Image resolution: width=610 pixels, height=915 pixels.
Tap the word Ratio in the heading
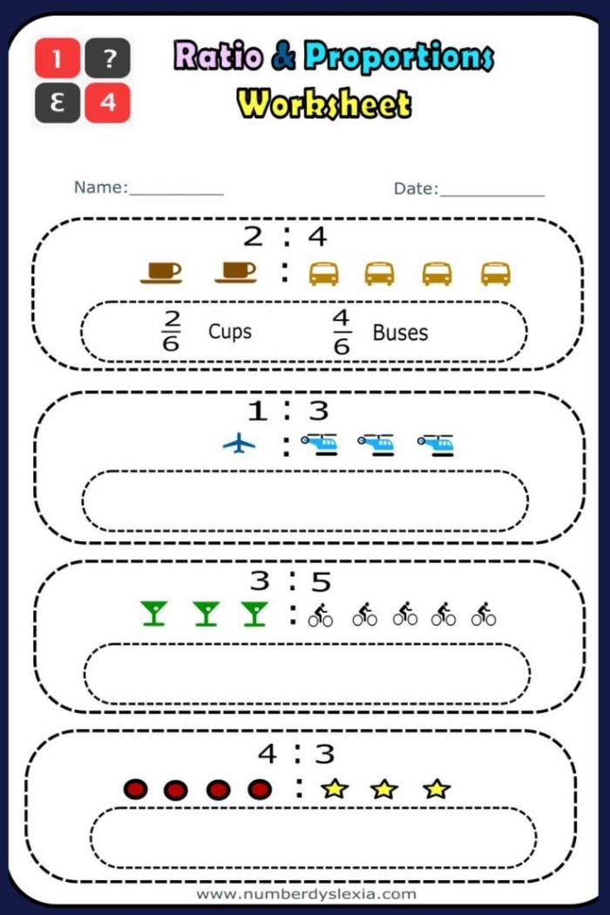(219, 57)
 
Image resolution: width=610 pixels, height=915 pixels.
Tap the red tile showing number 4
(108, 104)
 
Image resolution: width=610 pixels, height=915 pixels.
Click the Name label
(100, 187)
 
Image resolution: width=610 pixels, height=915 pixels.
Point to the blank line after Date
(492, 189)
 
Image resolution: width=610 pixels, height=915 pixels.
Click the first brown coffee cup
(161, 272)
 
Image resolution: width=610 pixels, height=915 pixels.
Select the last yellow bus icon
(495, 274)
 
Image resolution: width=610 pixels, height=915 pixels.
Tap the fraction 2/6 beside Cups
(171, 331)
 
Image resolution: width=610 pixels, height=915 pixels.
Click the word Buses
(400, 332)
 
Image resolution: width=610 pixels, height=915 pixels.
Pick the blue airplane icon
(239, 444)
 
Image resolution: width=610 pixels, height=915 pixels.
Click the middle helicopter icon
(376, 444)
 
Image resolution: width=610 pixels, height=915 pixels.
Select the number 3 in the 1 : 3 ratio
(317, 410)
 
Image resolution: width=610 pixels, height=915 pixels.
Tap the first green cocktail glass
(154, 613)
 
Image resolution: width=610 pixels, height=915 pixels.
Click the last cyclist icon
(484, 614)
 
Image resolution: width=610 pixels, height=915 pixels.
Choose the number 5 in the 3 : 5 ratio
(320, 582)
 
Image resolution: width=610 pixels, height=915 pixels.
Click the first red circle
(135, 790)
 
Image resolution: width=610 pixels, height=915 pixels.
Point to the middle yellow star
(383, 790)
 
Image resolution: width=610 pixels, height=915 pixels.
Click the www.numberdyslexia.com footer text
(306, 894)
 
